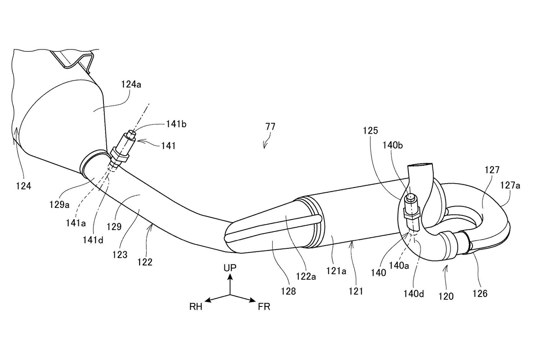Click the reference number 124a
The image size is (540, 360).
131,85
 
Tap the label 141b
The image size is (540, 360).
176,124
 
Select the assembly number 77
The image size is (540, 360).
270,127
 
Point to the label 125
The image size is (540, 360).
370,130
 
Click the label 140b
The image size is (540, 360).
393,145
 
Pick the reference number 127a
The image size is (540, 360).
510,185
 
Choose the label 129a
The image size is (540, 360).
59,205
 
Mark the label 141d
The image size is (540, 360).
93,240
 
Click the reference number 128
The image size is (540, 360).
288,291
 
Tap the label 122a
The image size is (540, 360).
306,276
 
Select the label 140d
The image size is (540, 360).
414,294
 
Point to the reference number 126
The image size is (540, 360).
480,293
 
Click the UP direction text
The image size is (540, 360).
230,268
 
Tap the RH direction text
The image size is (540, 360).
196,307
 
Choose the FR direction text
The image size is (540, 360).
264,307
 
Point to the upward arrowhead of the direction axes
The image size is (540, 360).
230,277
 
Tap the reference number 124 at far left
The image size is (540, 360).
23,186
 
